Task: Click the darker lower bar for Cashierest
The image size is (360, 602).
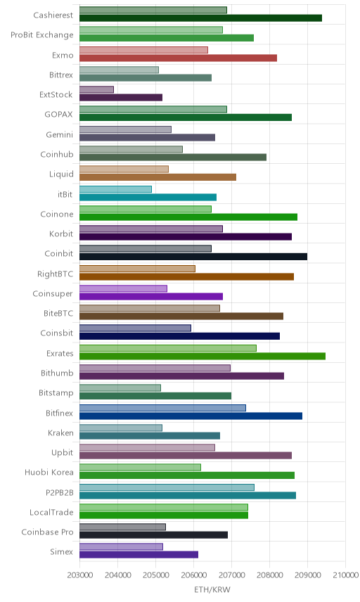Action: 200,18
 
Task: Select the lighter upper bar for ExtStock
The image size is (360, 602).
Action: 97,89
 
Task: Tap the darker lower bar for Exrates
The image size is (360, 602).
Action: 202,357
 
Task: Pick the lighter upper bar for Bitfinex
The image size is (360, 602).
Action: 162,408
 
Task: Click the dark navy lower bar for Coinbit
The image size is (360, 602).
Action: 193,257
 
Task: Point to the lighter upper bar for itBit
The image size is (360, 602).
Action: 115,189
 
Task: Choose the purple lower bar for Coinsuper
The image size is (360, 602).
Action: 151,296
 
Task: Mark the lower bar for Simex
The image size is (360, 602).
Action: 139,554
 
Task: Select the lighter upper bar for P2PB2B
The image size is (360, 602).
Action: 167,487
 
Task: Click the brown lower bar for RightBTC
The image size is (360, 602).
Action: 187,277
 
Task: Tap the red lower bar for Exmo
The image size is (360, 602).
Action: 179,58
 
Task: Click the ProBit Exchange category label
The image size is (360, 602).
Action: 41,35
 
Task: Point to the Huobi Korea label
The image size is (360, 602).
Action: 49,472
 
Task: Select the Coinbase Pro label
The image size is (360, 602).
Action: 47,532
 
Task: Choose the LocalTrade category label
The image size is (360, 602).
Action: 51,512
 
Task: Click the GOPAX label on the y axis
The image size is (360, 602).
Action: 59,114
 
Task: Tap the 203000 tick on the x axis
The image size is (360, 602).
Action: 80,575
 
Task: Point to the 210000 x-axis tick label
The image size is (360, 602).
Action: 345,575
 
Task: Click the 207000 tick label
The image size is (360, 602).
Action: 231,575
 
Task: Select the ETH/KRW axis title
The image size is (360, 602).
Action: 212,589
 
